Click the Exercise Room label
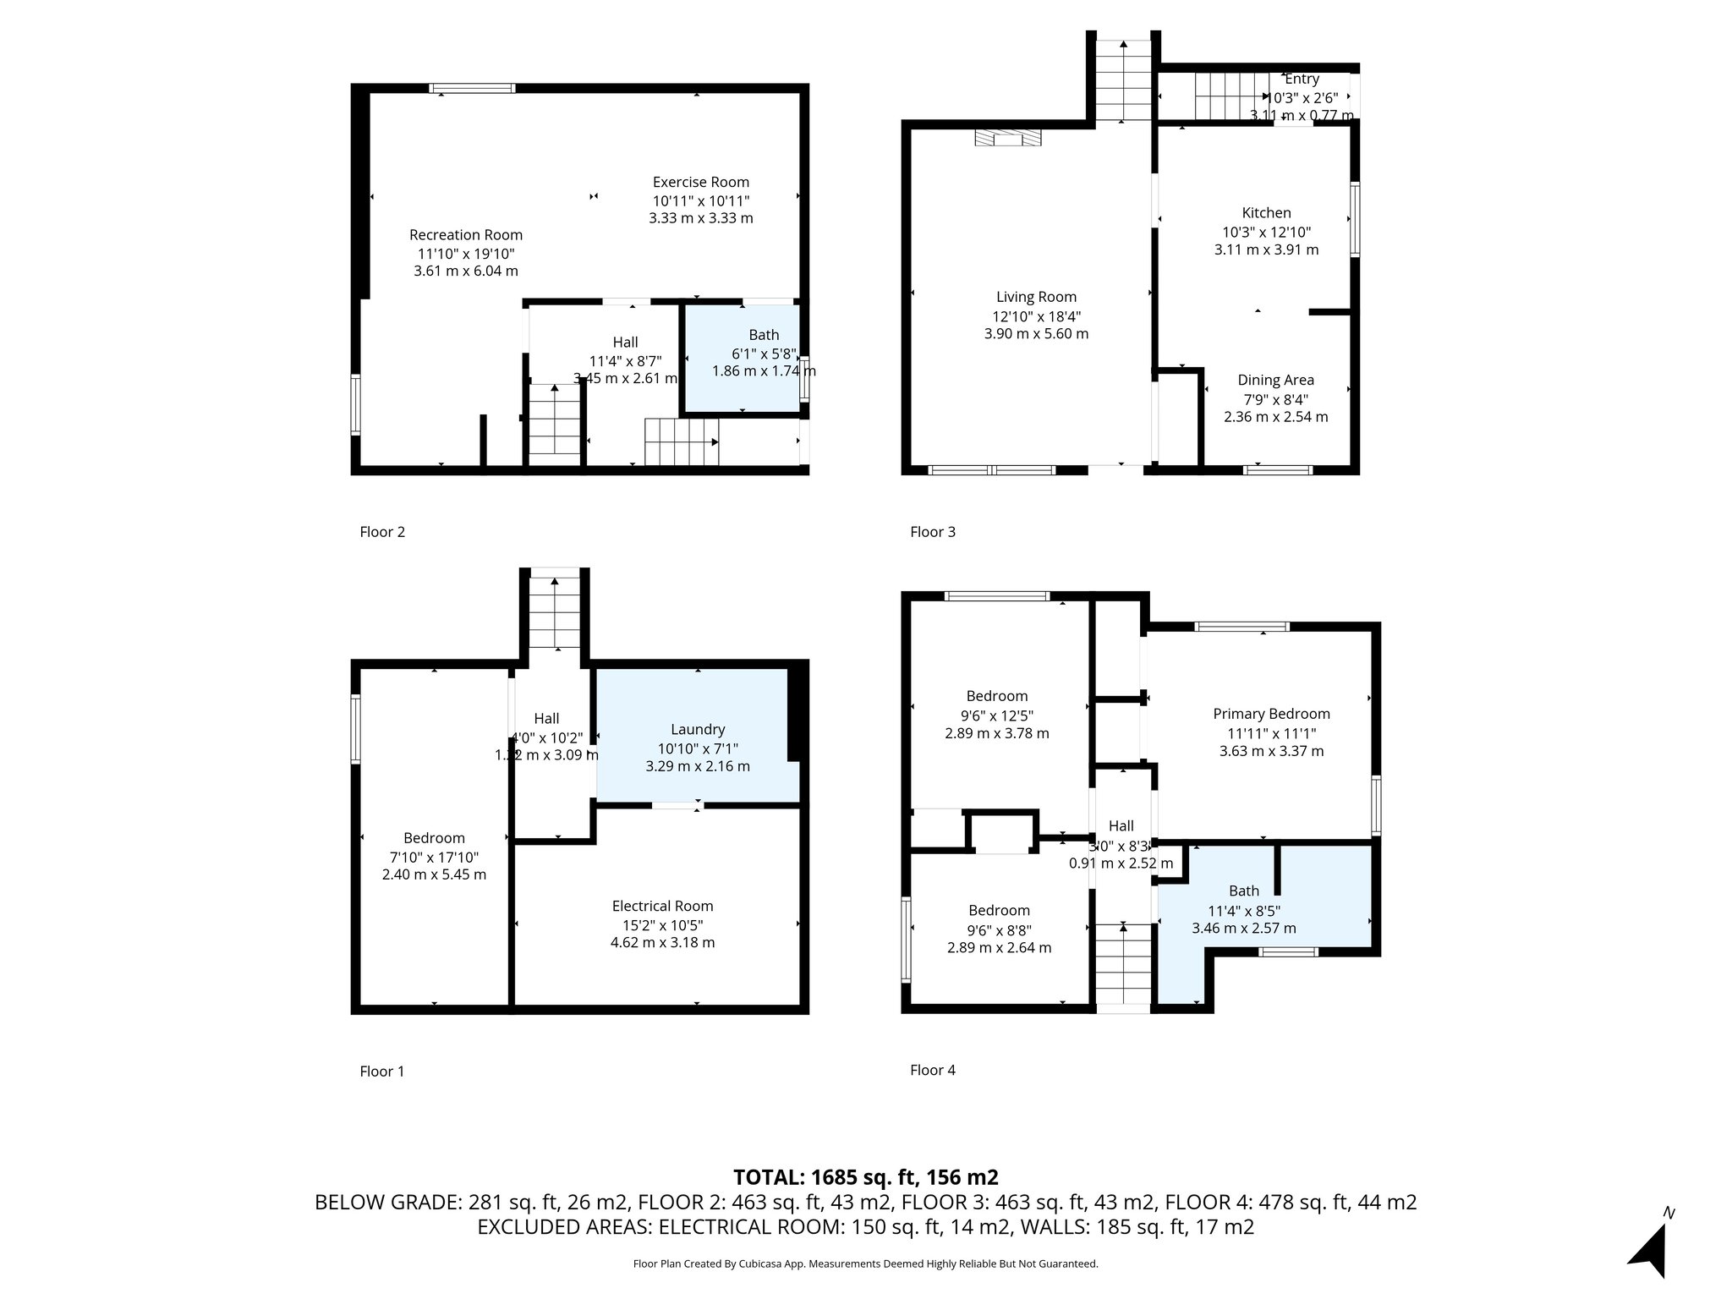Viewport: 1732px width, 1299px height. point(700,182)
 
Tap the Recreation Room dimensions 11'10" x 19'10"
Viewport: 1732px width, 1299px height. point(465,254)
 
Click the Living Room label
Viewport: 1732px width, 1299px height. point(1036,297)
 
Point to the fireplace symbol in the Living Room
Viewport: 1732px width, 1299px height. point(1007,138)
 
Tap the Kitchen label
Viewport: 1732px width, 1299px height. point(1266,213)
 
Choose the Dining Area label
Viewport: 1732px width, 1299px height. point(1275,381)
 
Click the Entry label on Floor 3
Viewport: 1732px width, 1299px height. point(1302,79)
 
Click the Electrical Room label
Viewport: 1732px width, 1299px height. point(662,906)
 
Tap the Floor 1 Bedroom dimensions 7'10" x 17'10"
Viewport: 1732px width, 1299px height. point(434,857)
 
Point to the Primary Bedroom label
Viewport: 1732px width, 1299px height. point(1271,714)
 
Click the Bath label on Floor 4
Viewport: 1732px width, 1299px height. point(1243,891)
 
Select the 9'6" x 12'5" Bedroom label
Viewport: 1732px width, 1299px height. point(997,696)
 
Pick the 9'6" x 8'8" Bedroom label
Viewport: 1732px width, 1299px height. point(999,910)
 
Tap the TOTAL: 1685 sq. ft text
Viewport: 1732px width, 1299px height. point(865,1177)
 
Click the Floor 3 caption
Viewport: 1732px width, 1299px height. point(932,532)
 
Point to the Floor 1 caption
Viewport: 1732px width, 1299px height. point(381,1072)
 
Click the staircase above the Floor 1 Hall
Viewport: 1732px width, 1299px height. point(554,613)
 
